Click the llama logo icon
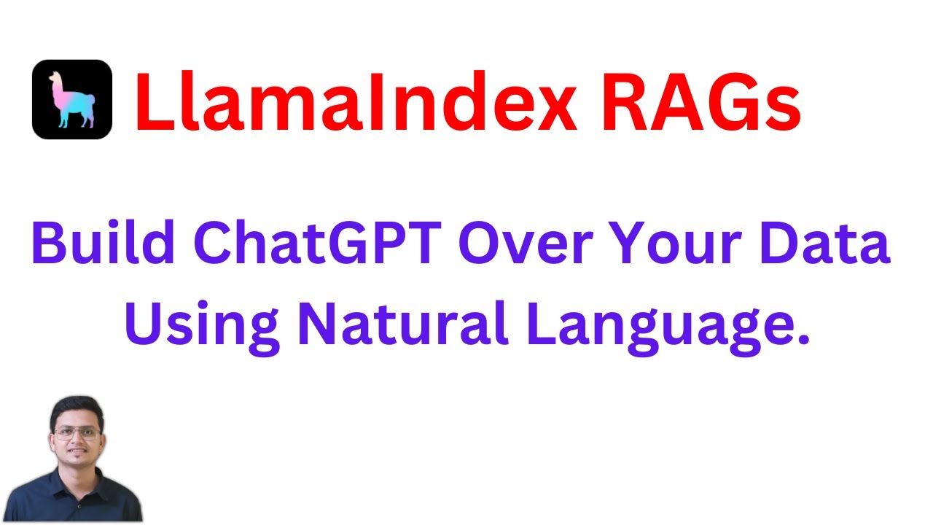(x=71, y=99)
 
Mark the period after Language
(x=803, y=339)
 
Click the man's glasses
(x=77, y=432)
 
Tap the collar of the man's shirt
(x=75, y=478)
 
